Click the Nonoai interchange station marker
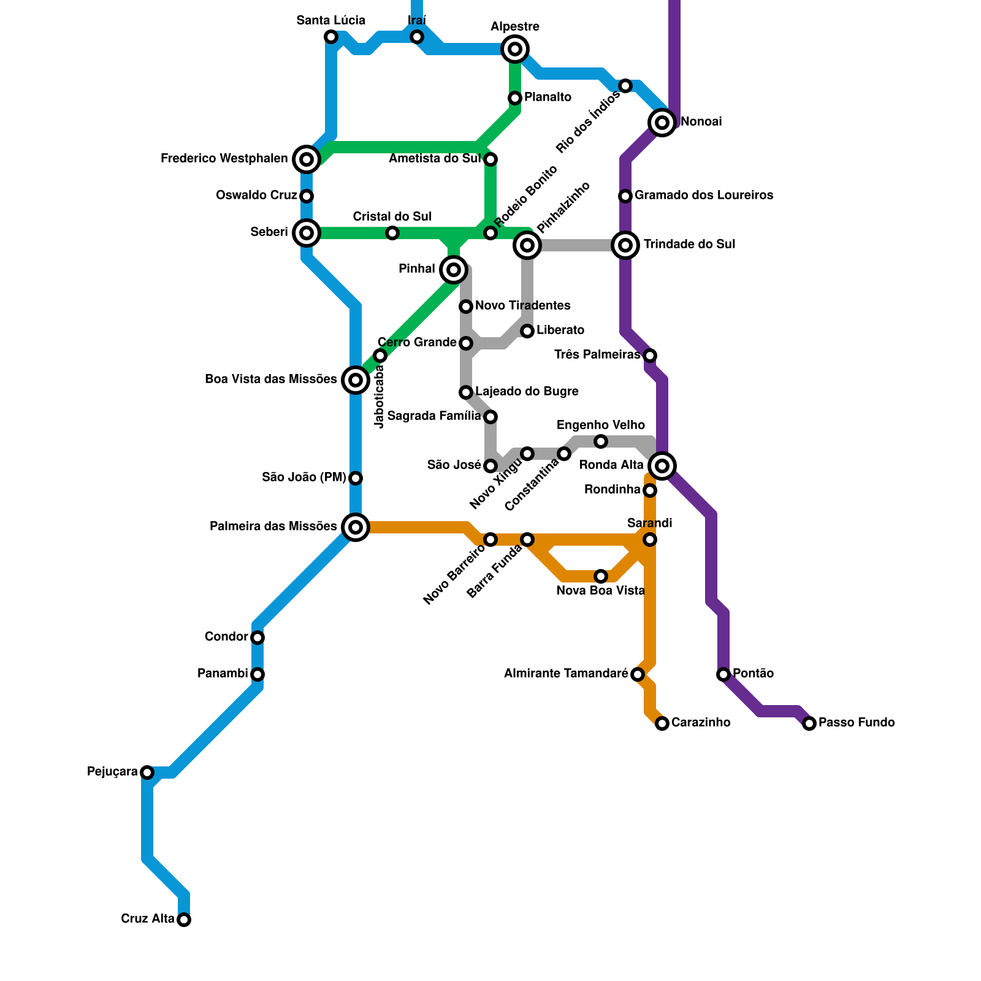pyautogui.click(x=662, y=123)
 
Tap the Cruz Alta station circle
pyautogui.click(x=184, y=920)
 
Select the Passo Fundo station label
pyautogui.click(x=857, y=723)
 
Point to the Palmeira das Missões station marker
pyautogui.click(x=356, y=527)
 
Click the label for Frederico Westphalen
pyautogui.click(x=224, y=159)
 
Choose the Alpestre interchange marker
pyautogui.click(x=515, y=49)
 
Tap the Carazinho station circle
pyautogui.click(x=662, y=723)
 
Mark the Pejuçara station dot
pyautogui.click(x=147, y=773)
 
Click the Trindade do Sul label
pyautogui.click(x=689, y=245)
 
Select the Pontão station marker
pyautogui.click(x=723, y=674)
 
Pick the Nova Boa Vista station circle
pyautogui.click(x=601, y=576)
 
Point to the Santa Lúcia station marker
pyautogui.click(x=331, y=37)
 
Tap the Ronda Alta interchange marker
pyautogui.click(x=662, y=466)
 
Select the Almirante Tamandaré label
pyautogui.click(x=565, y=674)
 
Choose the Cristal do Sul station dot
pyautogui.click(x=392, y=233)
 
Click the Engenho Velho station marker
pyautogui.click(x=601, y=441)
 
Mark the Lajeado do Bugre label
pyautogui.click(x=527, y=392)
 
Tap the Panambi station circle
pyautogui.click(x=258, y=674)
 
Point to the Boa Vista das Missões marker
pyautogui.click(x=356, y=380)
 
